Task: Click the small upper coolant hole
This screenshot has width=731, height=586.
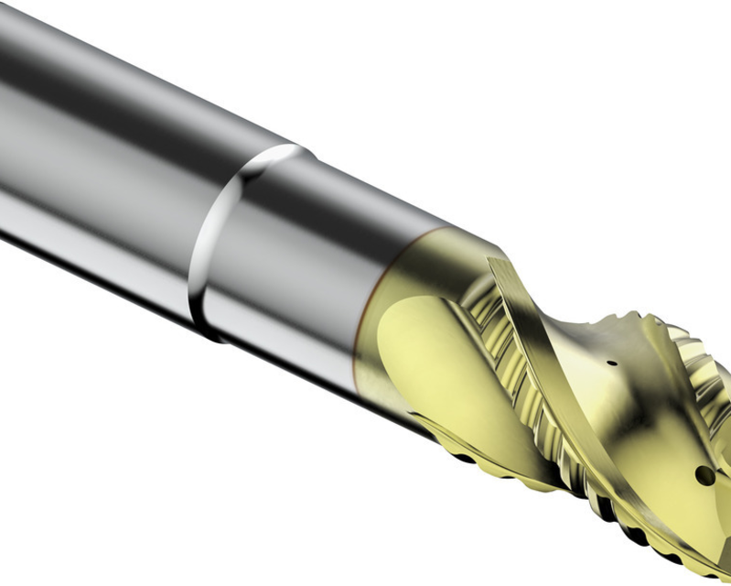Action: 611,362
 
